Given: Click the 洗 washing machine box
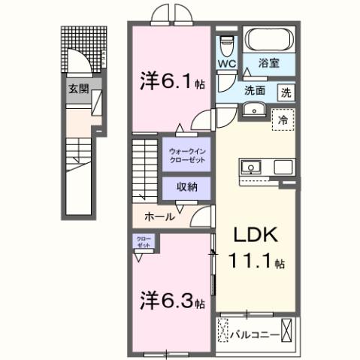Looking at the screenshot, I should [286, 92].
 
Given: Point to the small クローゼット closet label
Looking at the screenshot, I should [144, 242].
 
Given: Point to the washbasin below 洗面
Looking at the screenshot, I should [253, 112].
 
